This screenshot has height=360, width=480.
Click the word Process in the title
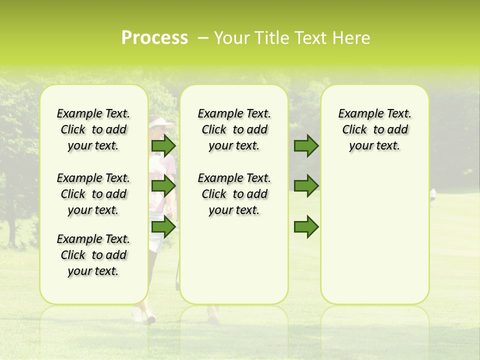point(154,38)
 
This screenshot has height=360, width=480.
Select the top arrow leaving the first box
point(163,145)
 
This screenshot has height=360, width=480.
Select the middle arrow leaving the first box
point(163,186)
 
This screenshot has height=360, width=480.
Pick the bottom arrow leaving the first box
point(163,226)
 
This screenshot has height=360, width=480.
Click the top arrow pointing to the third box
point(306,145)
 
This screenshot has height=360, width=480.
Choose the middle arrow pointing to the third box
point(306,186)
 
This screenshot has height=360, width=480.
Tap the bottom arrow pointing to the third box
point(306,226)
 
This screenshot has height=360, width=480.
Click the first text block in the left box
point(93,129)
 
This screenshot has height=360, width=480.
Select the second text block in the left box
point(93,194)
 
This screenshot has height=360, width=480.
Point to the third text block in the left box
point(93,255)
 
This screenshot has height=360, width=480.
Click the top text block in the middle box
point(234,129)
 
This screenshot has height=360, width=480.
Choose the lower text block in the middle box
point(234,194)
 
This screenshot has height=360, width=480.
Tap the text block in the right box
point(374,129)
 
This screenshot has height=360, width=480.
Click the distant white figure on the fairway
point(433,196)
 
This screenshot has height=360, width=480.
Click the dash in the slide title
point(203,38)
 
